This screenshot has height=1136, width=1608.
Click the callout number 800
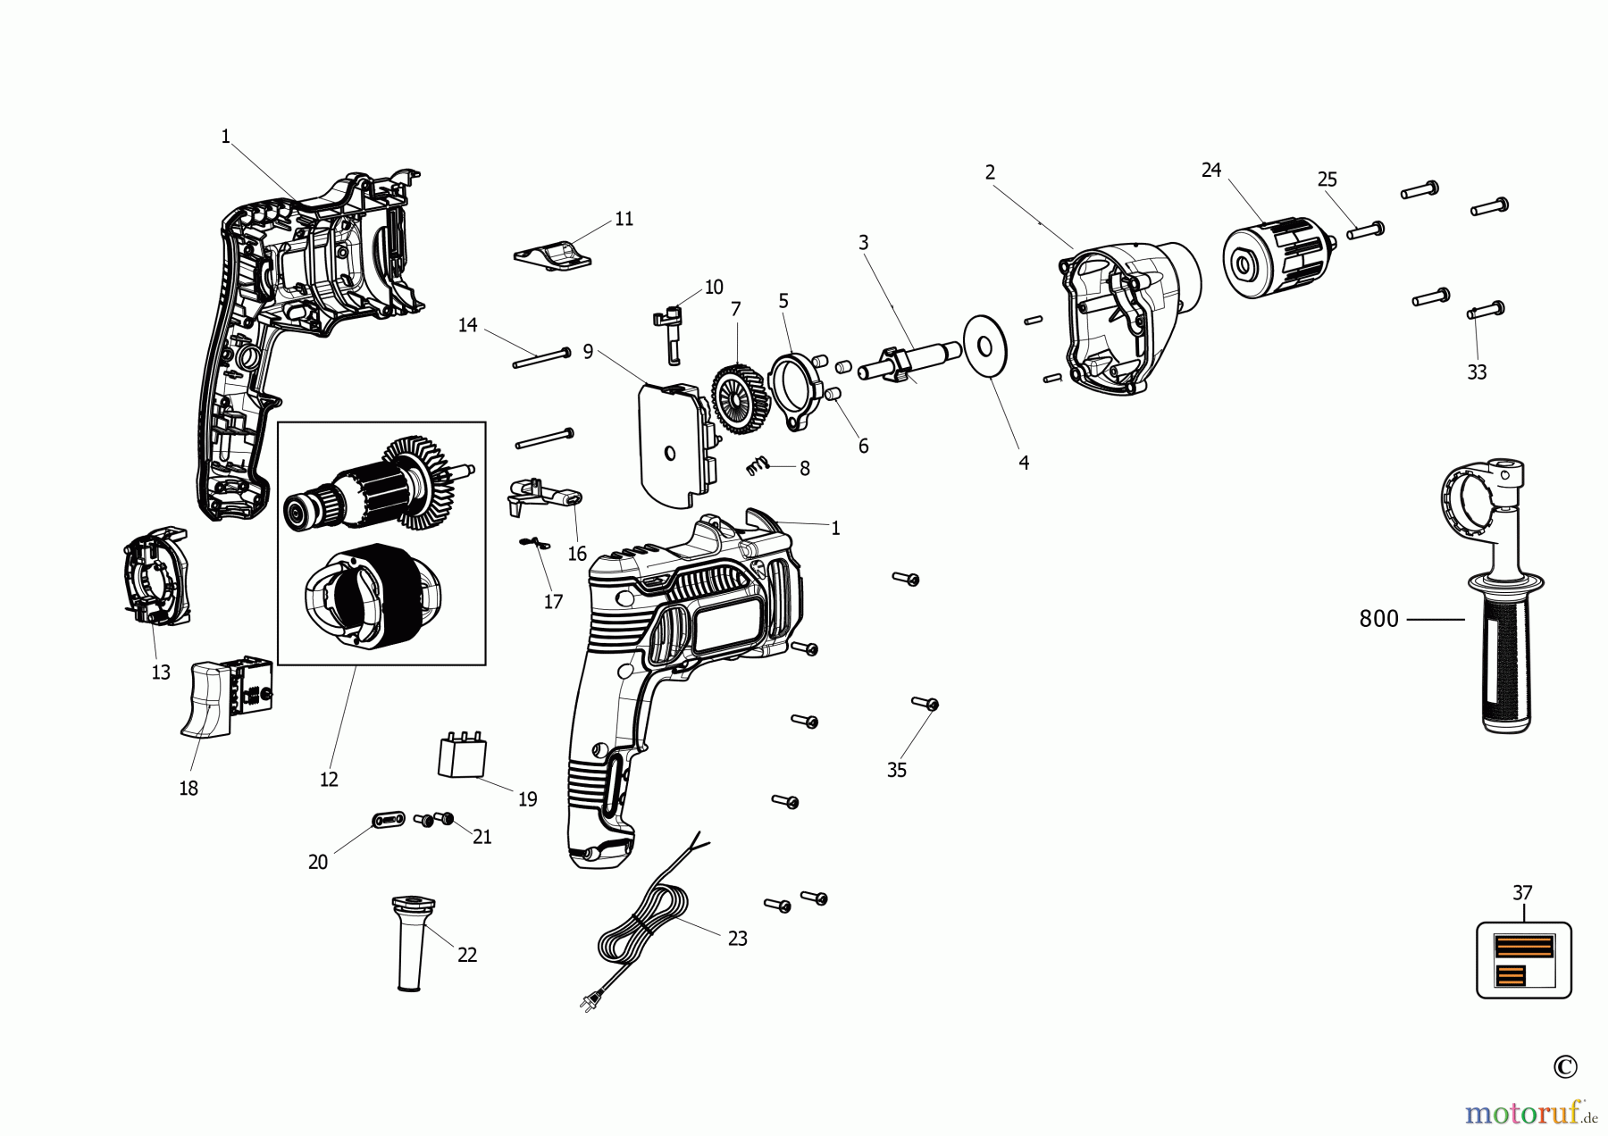[1378, 619]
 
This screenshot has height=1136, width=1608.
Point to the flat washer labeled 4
[985, 346]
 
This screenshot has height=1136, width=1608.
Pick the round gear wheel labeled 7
[741, 399]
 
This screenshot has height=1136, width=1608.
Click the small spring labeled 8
[757, 465]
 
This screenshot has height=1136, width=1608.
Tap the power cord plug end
[589, 1003]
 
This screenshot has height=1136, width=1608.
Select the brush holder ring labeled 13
[156, 575]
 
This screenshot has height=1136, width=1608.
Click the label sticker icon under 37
[1523, 960]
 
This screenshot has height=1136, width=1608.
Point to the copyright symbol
[1564, 1066]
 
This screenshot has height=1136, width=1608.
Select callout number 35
[896, 770]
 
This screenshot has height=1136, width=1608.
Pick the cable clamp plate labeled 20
[388, 819]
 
